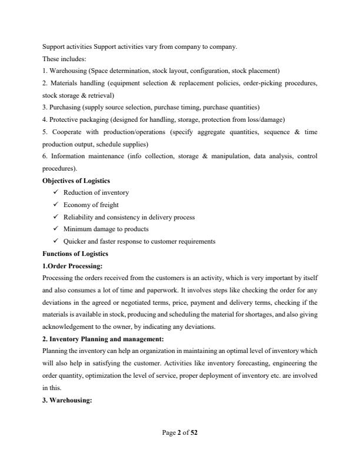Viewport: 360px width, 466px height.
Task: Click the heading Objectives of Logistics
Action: tap(76, 180)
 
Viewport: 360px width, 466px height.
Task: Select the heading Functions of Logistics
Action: tap(74, 254)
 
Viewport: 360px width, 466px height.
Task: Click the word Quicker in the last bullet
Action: tap(74, 241)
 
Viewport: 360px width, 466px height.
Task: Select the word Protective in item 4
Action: tap(64, 119)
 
